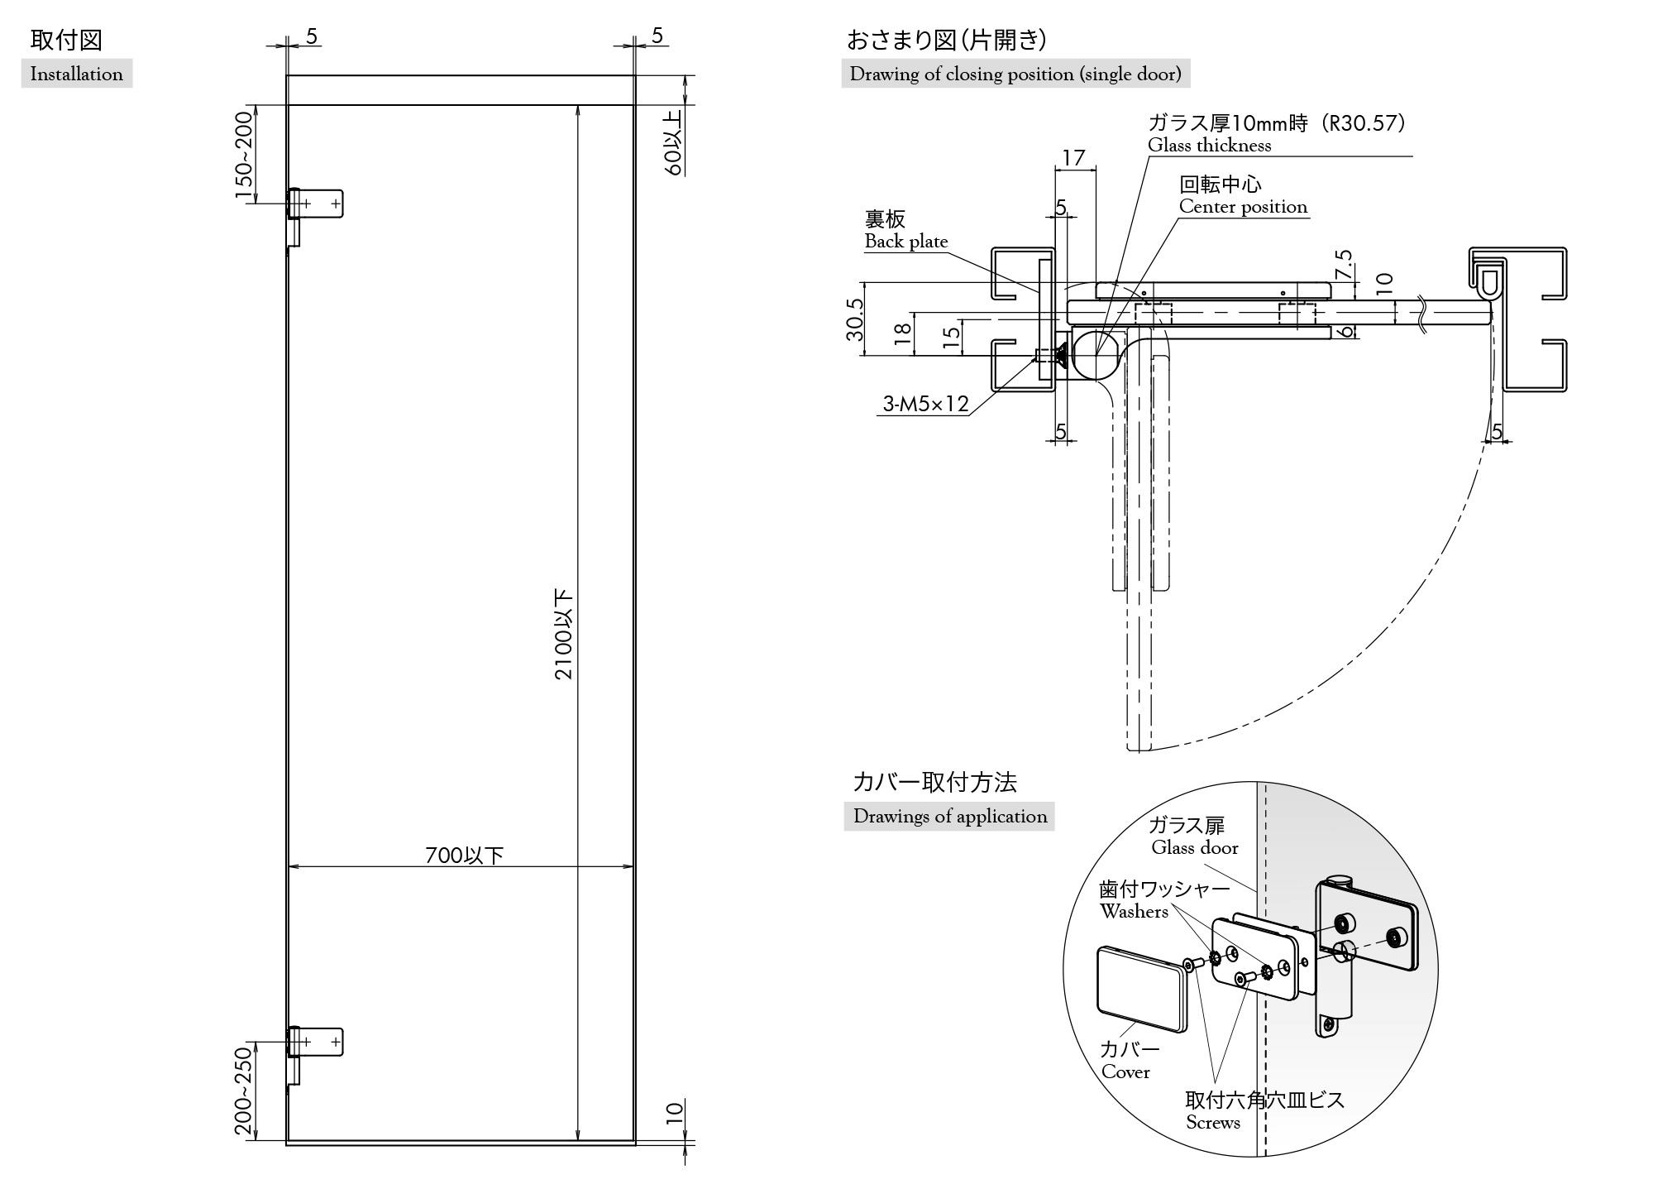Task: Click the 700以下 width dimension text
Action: [464, 855]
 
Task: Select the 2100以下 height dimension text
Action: [564, 634]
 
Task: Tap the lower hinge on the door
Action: [314, 1043]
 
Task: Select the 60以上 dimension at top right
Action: [674, 142]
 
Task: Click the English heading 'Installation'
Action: [76, 74]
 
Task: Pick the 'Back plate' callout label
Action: [905, 241]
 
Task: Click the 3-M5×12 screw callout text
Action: [924, 404]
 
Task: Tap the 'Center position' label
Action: [1243, 206]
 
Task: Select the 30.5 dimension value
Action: [855, 319]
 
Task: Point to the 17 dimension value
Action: [1073, 157]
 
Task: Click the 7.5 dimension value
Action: [1344, 265]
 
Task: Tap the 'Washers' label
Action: [1134, 911]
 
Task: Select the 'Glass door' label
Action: [1195, 847]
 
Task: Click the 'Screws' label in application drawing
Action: [1212, 1122]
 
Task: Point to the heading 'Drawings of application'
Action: [949, 816]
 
